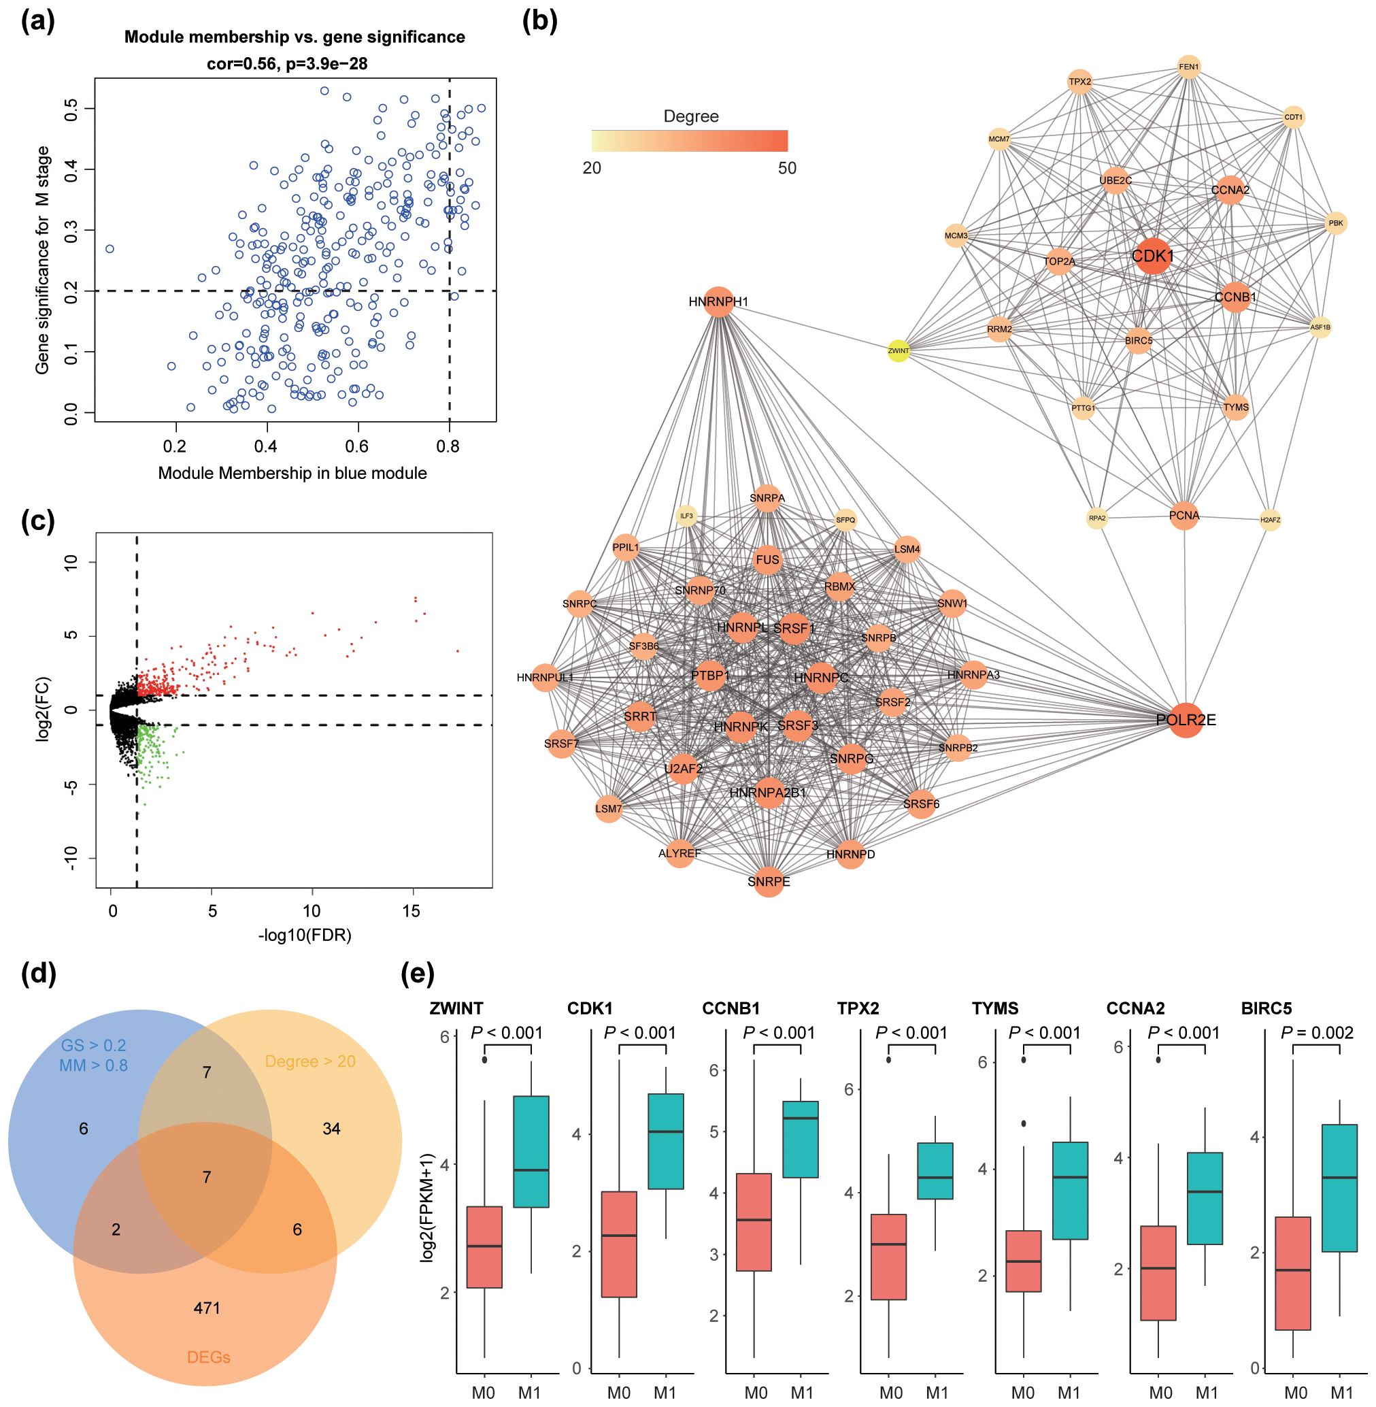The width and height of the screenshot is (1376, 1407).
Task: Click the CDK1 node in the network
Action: coord(1152,256)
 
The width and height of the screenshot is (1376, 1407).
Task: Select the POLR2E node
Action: coord(1186,720)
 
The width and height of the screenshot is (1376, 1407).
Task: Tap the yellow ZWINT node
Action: coord(898,350)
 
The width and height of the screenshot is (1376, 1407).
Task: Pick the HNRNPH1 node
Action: coord(719,301)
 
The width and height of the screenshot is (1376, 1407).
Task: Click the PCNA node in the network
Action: coord(1184,516)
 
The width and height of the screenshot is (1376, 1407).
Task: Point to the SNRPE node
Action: coord(769,881)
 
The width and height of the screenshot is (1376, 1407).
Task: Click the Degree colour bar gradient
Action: coord(690,140)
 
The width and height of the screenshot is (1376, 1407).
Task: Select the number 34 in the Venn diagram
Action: coord(331,1129)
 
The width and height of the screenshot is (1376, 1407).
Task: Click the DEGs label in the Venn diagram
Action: coord(208,1357)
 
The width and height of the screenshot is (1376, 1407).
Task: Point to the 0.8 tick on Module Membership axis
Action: coord(449,446)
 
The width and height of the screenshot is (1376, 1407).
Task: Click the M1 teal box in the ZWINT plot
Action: coord(531,1152)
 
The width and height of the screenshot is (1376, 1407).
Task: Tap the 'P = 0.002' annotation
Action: coord(1317,1033)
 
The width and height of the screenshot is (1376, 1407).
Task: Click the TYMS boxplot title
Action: coord(994,1007)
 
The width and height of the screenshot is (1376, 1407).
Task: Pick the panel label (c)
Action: coord(38,520)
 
